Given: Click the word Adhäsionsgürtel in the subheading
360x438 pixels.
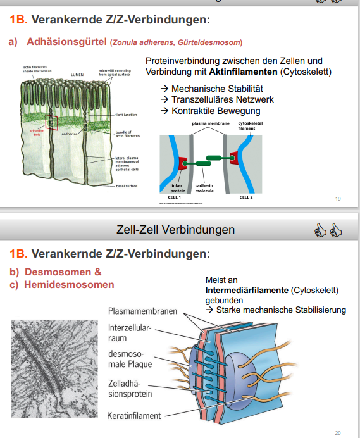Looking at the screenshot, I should coord(66,42).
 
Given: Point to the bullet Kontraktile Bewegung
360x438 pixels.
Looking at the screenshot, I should coord(216,111).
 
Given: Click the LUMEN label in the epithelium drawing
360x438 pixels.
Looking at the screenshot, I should coord(77,74).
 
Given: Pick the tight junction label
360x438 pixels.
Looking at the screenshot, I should coord(127,115).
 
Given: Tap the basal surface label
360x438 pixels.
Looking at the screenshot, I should coord(127,185).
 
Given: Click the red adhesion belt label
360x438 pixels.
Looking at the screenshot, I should coord(37,132).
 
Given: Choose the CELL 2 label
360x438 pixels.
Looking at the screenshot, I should coord(246,197).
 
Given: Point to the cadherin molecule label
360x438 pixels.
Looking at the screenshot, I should coord(205,188).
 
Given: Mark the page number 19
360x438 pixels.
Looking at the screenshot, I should coord(337,199).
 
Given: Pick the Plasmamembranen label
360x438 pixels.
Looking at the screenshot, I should coord(142,311).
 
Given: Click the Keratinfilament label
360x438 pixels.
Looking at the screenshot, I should coord(134,416).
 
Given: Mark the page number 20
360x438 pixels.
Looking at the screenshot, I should coord(337,433).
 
